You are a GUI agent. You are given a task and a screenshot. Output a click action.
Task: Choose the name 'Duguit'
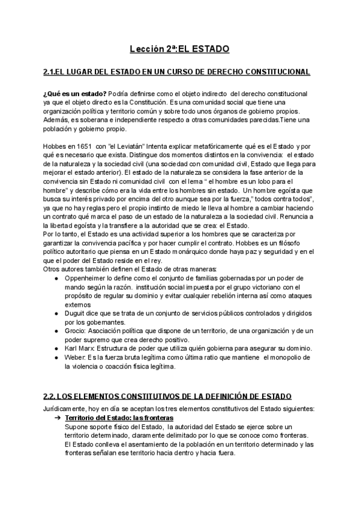[x=76, y=314]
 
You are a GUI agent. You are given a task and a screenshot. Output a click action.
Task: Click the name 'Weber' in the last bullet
[x=76, y=358]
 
